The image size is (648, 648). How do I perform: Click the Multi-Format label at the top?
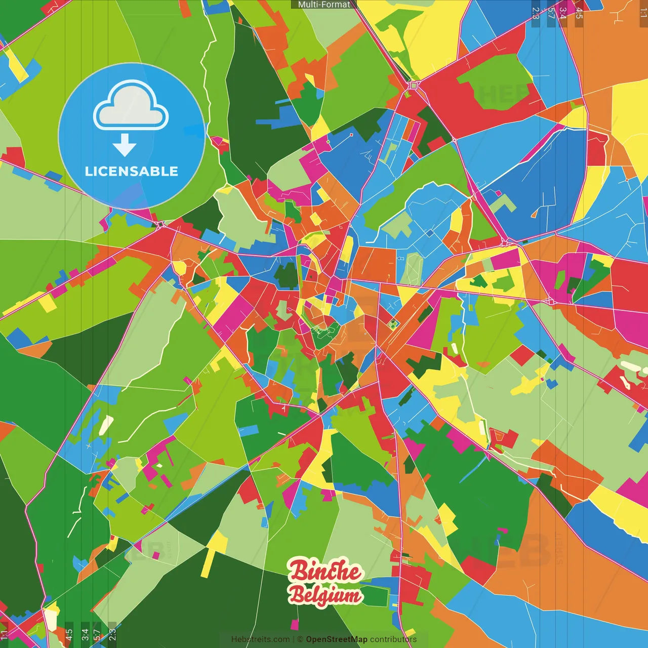(324, 5)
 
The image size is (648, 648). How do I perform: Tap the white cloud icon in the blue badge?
(131, 106)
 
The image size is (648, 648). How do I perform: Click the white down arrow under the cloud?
(125, 145)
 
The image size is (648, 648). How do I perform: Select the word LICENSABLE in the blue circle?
(132, 171)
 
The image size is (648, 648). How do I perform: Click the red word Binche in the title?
(325, 572)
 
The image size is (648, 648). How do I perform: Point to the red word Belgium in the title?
(325, 595)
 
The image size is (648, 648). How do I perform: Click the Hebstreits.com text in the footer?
(260, 639)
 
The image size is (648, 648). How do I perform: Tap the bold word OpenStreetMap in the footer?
(337, 639)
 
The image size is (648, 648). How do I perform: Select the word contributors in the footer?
(393, 639)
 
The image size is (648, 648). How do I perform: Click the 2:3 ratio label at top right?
(536, 13)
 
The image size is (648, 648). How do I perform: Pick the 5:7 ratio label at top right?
(551, 13)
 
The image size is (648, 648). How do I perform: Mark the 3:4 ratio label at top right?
(563, 13)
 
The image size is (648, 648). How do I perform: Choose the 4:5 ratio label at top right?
(579, 13)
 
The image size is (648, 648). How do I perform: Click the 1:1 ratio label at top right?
(643, 13)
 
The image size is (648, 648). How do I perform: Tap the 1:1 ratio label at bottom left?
(5, 634)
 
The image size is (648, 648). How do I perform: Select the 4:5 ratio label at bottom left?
(69, 634)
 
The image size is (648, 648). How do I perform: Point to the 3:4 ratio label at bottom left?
(85, 634)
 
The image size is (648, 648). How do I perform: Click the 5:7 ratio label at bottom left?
(97, 634)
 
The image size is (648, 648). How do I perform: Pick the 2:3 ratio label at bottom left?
(112, 634)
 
